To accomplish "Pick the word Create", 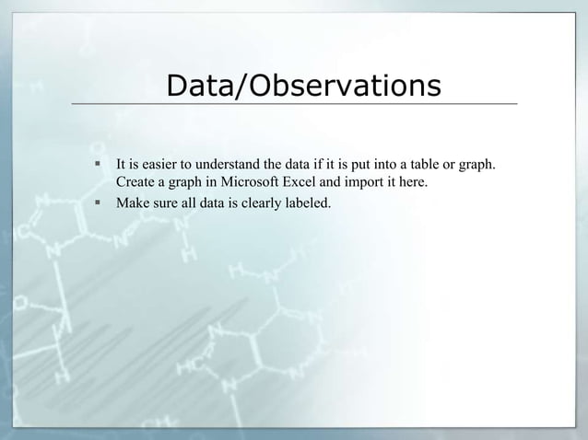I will click(x=135, y=183).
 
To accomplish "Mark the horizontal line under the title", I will click(x=294, y=104).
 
